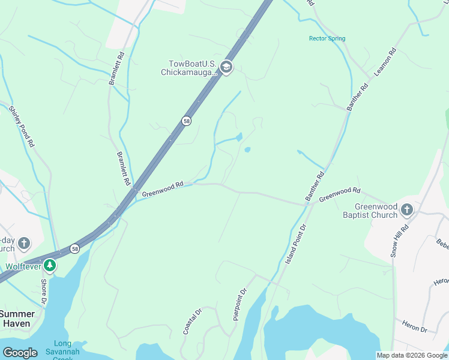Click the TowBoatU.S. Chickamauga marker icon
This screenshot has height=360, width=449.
pyautogui.click(x=226, y=66)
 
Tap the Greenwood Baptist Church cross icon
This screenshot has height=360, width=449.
pyautogui.click(x=407, y=209)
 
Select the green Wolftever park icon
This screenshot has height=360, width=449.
pyautogui.click(x=51, y=265)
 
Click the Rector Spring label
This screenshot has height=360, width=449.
pyautogui.click(x=327, y=38)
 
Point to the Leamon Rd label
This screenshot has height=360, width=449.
pyautogui.click(x=385, y=61)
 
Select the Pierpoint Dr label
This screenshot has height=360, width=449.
pyautogui.click(x=240, y=305)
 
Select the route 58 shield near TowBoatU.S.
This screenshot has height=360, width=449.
pyautogui.click(x=187, y=121)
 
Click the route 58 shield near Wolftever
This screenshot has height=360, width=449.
pyautogui.click(x=74, y=248)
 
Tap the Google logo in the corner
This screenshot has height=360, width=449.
pyautogui.click(x=19, y=352)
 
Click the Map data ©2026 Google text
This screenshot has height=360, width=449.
pyautogui.click(x=412, y=355)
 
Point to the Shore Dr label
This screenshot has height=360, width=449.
pyautogui.click(x=44, y=291)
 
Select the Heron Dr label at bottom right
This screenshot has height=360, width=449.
pyautogui.click(x=414, y=329)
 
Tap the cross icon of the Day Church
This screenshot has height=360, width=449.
pyautogui.click(x=23, y=243)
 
